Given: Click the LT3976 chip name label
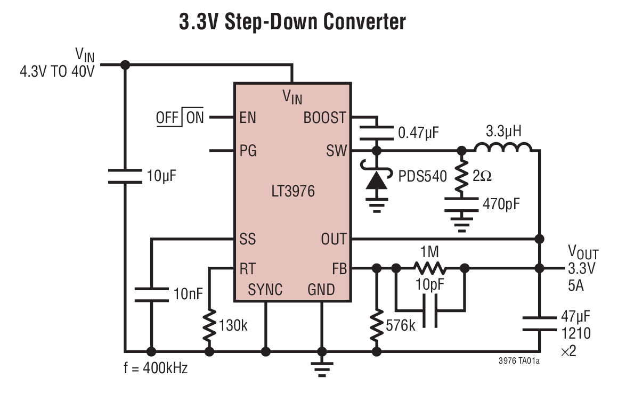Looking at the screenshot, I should click(x=292, y=191).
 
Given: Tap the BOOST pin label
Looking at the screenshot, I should click(x=324, y=118).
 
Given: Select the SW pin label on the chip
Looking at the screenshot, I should click(x=336, y=151).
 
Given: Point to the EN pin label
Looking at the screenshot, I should click(x=248, y=118).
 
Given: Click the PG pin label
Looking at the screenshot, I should click(x=248, y=151).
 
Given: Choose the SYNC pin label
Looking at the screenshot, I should click(x=265, y=289).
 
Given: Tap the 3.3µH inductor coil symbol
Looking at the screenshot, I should click(x=502, y=147).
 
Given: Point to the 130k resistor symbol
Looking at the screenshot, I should click(x=209, y=324).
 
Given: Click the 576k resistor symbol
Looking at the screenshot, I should click(x=377, y=324).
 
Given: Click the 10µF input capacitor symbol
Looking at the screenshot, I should click(x=125, y=176).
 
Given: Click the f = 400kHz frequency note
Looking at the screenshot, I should click(x=156, y=368).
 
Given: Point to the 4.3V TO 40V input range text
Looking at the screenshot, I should click(x=57, y=71).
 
